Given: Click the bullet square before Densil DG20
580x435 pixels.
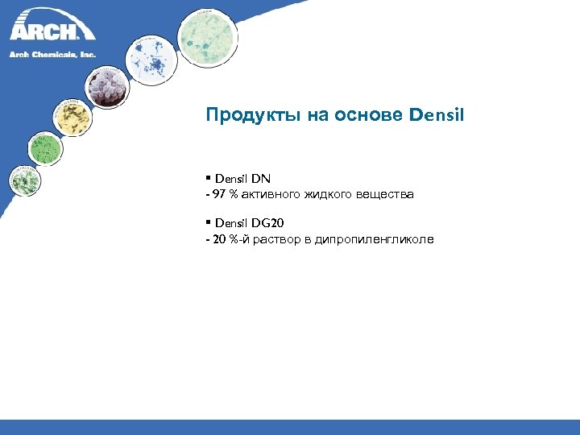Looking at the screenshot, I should (208, 222).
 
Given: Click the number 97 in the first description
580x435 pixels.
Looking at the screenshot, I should (220, 195).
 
